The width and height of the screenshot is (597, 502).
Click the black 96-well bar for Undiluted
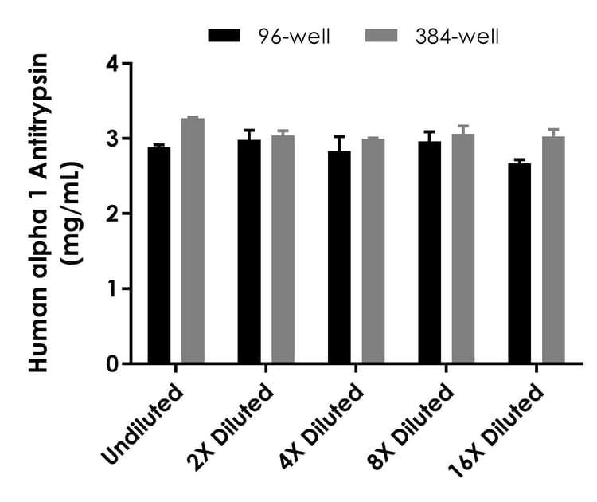(159, 255)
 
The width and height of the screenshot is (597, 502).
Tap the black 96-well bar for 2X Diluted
(249, 252)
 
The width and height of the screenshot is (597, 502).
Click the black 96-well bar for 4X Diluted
(339, 257)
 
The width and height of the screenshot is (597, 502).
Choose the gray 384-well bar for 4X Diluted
(373, 251)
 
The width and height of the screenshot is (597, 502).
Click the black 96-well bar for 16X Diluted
(520, 263)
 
